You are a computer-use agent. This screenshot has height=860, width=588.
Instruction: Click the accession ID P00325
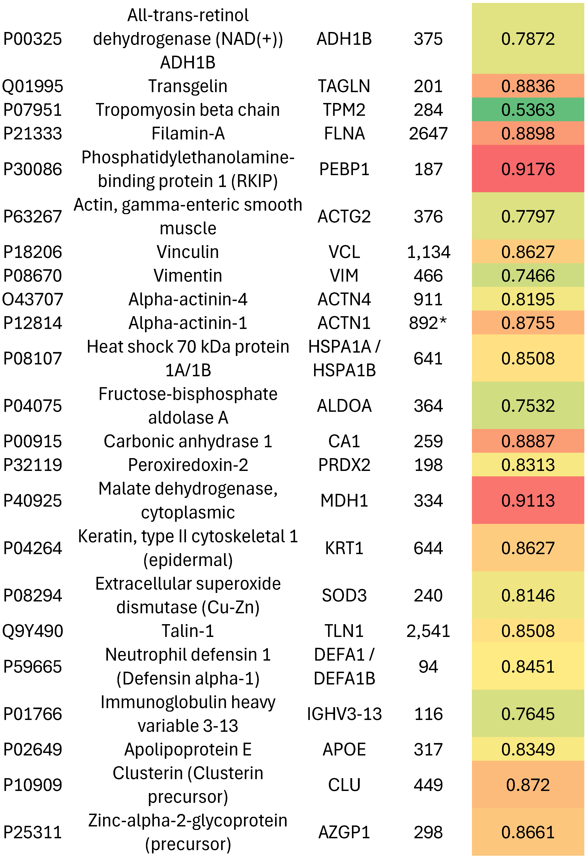click(x=33, y=39)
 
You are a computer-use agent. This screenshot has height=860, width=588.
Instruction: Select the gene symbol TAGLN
click(x=344, y=86)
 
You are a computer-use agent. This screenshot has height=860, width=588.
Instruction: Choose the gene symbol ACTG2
click(x=344, y=216)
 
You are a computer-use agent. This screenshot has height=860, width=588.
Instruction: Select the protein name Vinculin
click(x=188, y=252)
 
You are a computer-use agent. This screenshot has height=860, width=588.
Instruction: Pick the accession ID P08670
click(x=33, y=276)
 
